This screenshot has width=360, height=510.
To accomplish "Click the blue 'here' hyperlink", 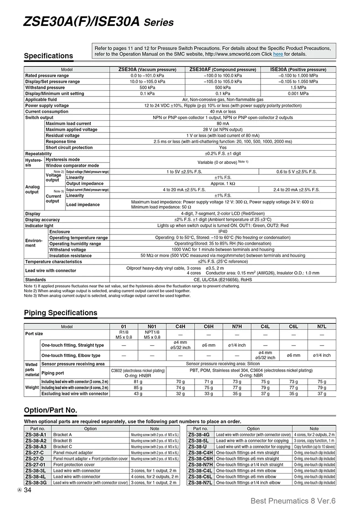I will (x=278, y=54).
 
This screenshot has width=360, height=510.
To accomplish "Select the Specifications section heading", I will (x=48, y=56).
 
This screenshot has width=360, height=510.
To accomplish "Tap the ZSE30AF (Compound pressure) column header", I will (x=223, y=70).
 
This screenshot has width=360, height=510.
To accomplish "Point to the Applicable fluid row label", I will (x=41, y=99).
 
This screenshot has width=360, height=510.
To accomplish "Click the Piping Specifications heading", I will (x=60, y=313).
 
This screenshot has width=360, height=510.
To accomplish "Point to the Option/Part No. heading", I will (x=50, y=410).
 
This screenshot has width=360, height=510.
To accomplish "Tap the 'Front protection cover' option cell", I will (x=74, y=464).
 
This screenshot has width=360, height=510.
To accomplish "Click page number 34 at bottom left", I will (x=27, y=490).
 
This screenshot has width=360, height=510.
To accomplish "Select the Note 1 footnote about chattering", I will (x=132, y=286).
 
